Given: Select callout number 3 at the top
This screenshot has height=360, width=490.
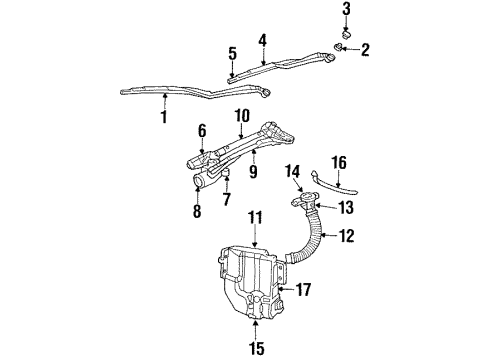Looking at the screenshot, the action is (x=347, y=9).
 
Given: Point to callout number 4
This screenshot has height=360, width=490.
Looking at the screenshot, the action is (x=263, y=41).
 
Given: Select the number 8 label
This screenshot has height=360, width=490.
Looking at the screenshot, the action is (x=197, y=211).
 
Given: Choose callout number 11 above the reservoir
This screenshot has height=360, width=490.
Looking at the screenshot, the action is (x=255, y=216).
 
